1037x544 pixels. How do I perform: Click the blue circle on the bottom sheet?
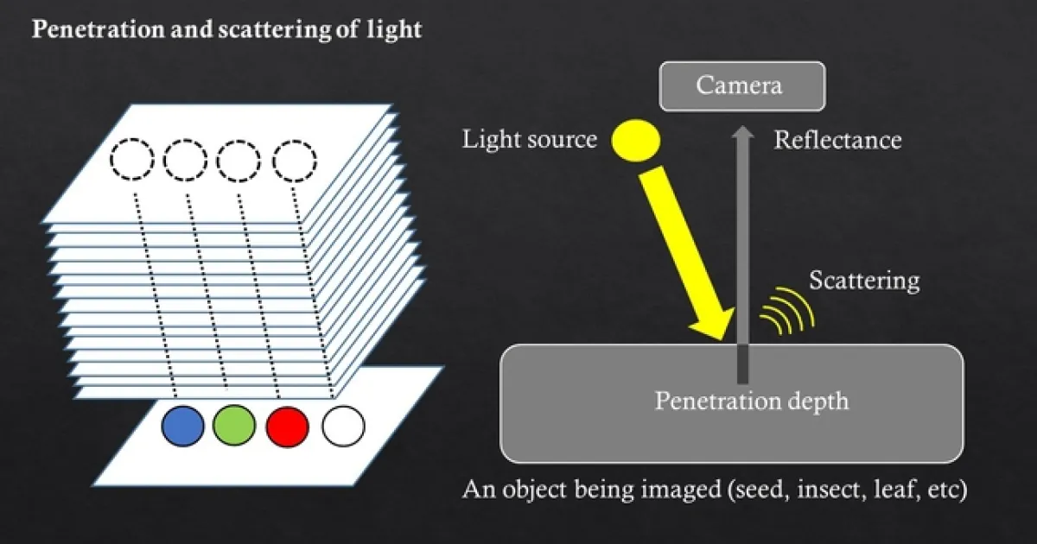click(x=182, y=425)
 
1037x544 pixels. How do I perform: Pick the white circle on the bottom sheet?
click(x=344, y=425)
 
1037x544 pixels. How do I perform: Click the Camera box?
click(x=741, y=86)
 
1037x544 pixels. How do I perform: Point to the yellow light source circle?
click(x=637, y=140)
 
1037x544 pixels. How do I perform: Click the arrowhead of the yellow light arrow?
click(x=714, y=326)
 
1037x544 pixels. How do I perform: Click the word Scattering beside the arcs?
click(x=864, y=281)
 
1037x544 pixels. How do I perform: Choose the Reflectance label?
click(x=837, y=140)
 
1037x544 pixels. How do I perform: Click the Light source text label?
click(x=529, y=140)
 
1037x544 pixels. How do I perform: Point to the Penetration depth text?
click(x=751, y=401)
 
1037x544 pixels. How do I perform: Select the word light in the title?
click(x=396, y=30)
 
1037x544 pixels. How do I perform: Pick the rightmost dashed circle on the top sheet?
click(x=295, y=161)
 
